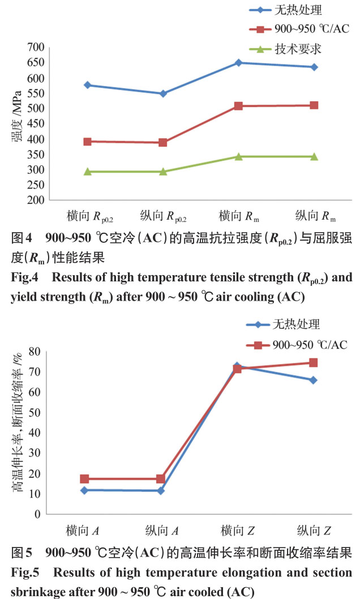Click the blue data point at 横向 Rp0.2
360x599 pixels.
87,85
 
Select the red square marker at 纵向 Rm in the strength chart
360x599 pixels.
314,105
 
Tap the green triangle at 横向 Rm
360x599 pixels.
238,156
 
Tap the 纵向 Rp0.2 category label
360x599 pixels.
163,217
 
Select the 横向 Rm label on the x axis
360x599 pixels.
238,217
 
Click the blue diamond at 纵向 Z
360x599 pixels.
314,380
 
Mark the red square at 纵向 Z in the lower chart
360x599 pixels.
314,362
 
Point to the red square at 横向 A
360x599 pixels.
85,479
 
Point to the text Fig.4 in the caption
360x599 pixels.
23,279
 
